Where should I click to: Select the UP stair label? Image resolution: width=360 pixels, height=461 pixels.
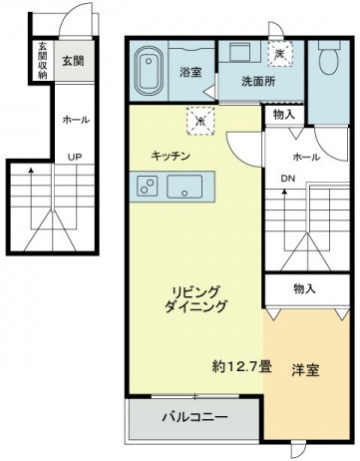click(75, 157)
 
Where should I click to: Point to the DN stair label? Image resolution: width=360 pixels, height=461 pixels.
click(288, 180)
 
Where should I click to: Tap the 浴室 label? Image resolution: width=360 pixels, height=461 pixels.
click(191, 73)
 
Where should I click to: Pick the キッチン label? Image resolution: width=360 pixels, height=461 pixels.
click(170, 157)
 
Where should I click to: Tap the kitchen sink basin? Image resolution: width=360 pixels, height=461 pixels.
click(184, 186)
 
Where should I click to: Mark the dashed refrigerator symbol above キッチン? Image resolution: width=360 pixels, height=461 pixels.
click(200, 121)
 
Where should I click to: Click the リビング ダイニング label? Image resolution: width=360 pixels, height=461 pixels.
click(198, 299)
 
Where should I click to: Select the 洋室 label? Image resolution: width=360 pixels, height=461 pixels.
click(305, 371)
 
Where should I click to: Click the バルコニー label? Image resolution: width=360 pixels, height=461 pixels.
click(193, 416)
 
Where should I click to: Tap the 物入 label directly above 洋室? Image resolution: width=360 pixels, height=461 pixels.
click(305, 289)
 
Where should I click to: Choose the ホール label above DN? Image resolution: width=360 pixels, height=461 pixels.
click(306, 158)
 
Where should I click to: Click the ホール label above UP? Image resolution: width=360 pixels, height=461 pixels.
click(76, 120)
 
